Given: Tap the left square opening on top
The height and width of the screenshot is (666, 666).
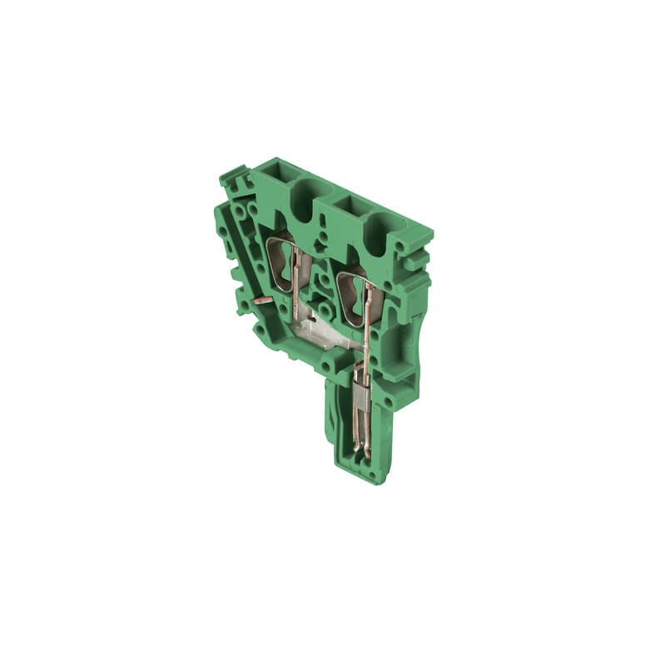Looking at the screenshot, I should [274, 176].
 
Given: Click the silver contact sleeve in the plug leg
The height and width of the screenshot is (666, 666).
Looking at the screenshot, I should [359, 398].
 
